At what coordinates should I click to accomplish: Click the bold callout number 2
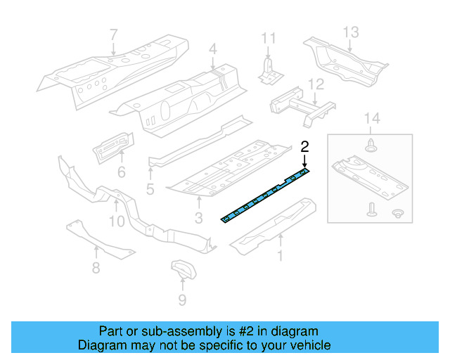pyautogui.click(x=304, y=147)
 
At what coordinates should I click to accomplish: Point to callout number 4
pyautogui.click(x=213, y=49)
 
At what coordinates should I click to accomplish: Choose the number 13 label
pyautogui.click(x=351, y=32)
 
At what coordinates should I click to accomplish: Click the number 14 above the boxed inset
pyautogui.click(x=371, y=120)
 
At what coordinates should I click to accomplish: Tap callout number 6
pyautogui.click(x=121, y=172)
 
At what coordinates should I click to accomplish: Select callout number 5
pyautogui.click(x=150, y=189)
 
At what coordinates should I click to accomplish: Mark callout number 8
pyautogui.click(x=96, y=267)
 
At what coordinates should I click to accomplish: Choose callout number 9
pyautogui.click(x=182, y=301)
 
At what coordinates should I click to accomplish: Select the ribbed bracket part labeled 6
pyautogui.click(x=112, y=146)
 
